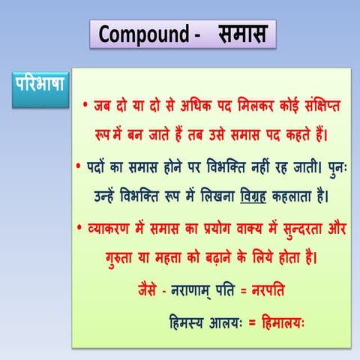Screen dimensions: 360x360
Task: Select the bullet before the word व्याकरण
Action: click(x=81, y=226)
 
